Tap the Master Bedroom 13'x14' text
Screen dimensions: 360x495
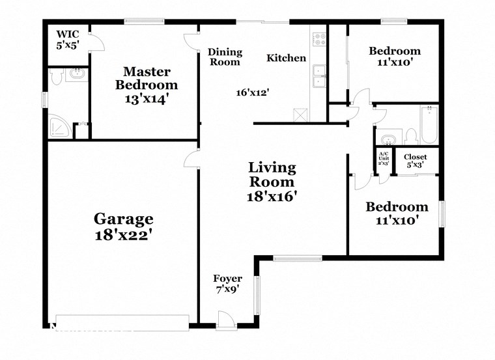tap(147, 85)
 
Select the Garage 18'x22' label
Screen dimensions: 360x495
tap(123, 227)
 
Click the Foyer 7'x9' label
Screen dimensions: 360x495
tap(227, 284)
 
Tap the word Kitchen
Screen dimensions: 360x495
tap(286, 58)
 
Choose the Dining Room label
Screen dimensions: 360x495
tap(224, 57)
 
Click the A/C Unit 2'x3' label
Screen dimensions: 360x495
tap(383, 158)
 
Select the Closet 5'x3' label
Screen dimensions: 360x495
tap(415, 160)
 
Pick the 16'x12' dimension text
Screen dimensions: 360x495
tap(253, 92)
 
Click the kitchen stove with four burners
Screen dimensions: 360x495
tap(318, 40)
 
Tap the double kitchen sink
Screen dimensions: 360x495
tap(319, 76)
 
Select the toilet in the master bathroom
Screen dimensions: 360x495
tap(57, 77)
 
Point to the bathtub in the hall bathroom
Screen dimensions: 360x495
tap(429, 124)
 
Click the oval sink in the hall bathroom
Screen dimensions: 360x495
tap(389, 139)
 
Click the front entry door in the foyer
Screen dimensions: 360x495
tap(226, 319)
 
